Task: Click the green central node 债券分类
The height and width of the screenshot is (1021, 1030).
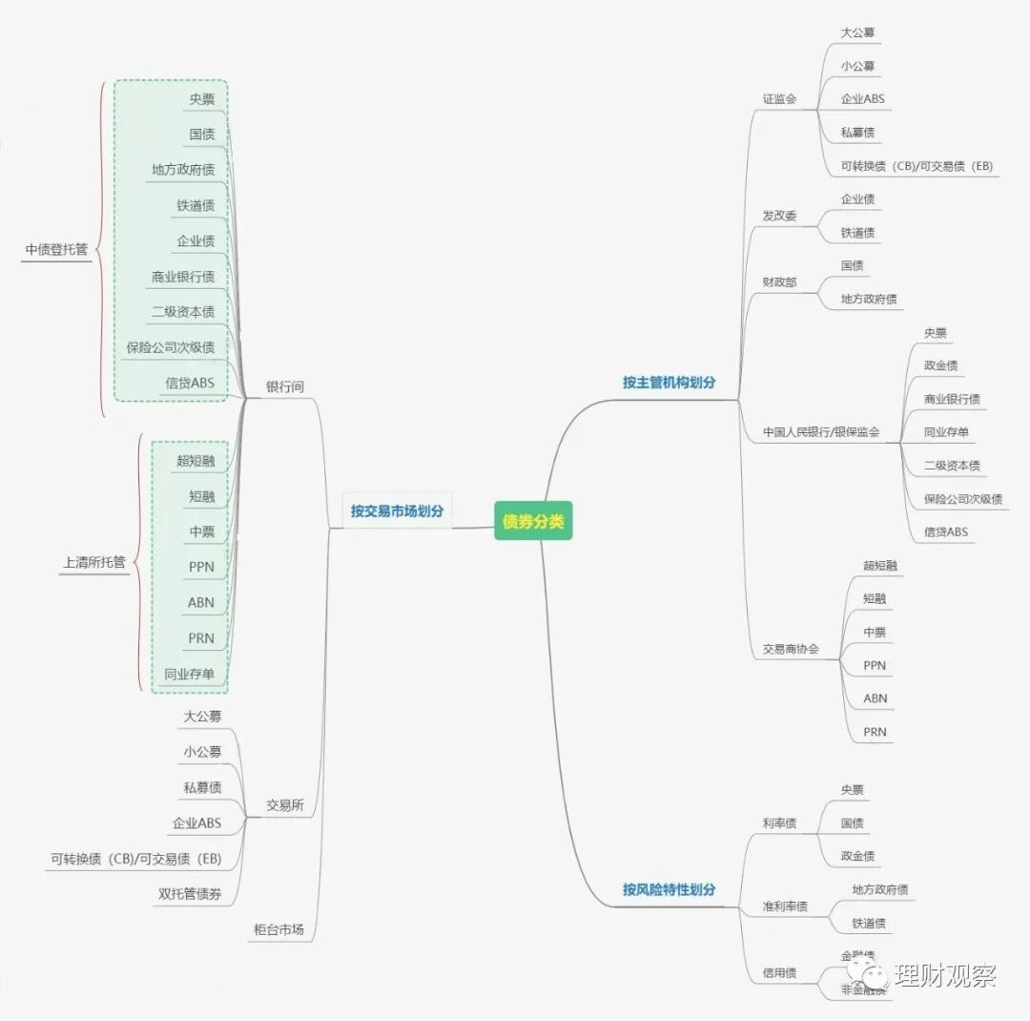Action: coord(533,521)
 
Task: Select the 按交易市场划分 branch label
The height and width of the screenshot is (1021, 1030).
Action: coord(397,510)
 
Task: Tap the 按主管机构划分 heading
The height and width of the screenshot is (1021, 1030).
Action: coord(669,383)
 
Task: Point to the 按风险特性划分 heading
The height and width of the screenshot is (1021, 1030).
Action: coord(669,889)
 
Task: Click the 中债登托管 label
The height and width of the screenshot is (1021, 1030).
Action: coord(56,249)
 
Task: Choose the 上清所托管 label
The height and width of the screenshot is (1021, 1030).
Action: coord(93,562)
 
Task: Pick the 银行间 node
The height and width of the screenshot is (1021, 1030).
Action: coord(285,386)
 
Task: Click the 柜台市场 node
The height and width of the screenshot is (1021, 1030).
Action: coord(278,928)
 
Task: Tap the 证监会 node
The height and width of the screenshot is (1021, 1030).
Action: coord(779,98)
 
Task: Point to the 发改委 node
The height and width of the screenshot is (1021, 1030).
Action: coord(779,216)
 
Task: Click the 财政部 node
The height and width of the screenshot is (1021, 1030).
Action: coord(779,282)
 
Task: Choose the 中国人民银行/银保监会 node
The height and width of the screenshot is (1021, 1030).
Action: coord(820,432)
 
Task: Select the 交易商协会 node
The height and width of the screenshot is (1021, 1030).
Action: coord(791,649)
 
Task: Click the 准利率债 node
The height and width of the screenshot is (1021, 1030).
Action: coord(785,906)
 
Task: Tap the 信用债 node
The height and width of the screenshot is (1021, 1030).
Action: coord(779,973)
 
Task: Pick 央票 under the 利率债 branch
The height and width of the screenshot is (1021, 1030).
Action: coord(852,790)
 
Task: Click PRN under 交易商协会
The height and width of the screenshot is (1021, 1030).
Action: coord(875,732)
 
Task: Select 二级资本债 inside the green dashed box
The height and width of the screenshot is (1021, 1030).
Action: coord(183,312)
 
